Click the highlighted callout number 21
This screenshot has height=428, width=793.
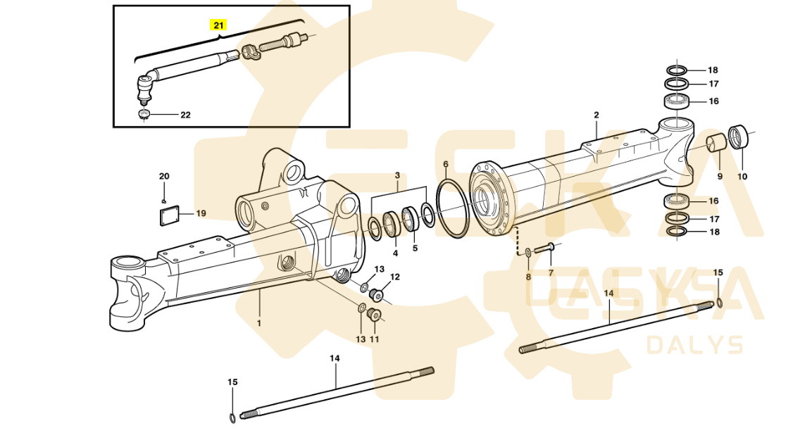click(218, 25)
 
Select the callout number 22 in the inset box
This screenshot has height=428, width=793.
click(186, 115)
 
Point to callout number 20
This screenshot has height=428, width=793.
click(164, 177)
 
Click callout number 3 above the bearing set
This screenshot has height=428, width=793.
click(397, 175)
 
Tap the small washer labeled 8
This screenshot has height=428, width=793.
click(527, 251)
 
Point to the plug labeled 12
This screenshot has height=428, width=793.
click(376, 293)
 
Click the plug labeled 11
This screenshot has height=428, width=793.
click(374, 314)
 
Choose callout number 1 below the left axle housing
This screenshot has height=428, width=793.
click(259, 322)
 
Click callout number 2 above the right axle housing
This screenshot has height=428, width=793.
click(597, 115)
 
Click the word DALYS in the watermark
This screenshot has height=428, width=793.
click(695, 345)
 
